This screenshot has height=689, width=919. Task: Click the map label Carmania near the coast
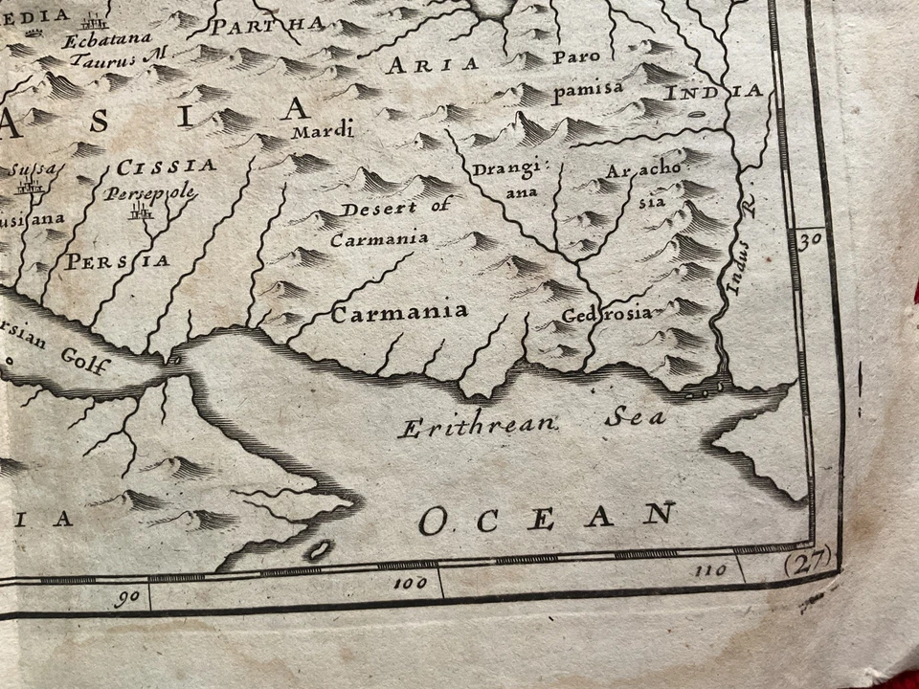(x=399, y=311)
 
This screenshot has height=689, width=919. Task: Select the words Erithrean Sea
(x=531, y=422)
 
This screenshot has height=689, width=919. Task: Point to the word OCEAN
(x=547, y=518)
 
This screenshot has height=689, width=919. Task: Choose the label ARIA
(x=431, y=64)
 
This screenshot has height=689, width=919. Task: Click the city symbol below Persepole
(x=142, y=212)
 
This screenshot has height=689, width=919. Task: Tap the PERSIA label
(x=117, y=260)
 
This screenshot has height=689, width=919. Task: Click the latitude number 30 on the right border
(x=810, y=239)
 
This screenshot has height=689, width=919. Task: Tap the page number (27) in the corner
(x=806, y=564)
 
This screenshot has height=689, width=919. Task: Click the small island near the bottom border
(x=318, y=549)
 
